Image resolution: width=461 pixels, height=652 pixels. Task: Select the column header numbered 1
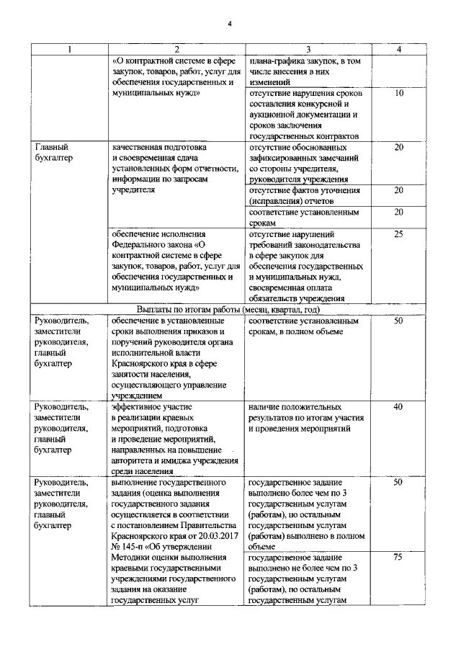point(69,50)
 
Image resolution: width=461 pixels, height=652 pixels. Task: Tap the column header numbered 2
point(176,50)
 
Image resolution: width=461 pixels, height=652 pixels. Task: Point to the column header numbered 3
point(308,50)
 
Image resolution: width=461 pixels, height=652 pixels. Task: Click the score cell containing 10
point(400,94)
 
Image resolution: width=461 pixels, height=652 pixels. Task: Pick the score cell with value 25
point(400,234)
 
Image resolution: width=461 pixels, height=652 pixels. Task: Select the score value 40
point(400,408)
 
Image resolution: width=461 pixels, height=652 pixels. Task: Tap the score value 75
point(400,557)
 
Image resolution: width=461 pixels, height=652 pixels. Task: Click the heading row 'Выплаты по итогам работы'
point(230,309)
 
